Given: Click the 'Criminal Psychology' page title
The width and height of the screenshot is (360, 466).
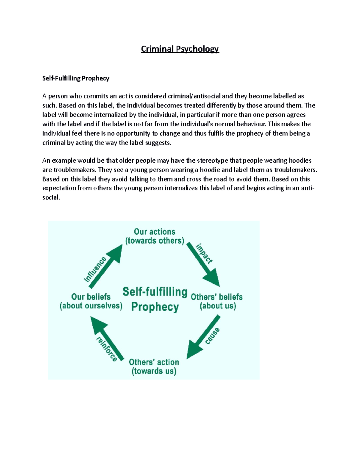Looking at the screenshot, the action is coord(180,49).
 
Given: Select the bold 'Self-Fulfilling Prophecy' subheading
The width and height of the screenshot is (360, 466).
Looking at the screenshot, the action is coord(76,78).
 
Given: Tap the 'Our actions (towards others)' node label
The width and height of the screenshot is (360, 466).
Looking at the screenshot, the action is coord(154,236).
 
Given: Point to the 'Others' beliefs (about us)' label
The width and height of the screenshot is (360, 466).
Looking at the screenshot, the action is coord(217,301).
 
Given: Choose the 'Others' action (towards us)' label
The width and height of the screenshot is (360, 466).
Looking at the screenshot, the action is coord(154,366).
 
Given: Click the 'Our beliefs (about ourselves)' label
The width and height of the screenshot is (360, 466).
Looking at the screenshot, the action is coord(91,301).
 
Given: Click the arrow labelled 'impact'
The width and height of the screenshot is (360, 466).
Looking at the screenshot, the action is coord(204,265).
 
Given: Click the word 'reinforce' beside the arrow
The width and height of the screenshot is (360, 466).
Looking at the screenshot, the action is coord(106,349).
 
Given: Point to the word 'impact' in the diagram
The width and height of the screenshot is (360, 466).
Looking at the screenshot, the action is coord(204,254).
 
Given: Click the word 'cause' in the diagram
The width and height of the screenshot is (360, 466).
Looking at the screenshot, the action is coord(212,336).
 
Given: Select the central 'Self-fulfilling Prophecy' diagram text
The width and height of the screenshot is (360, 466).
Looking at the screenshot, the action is coord(155,299).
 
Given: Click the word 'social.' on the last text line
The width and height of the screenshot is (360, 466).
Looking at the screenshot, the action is coord(51,197).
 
